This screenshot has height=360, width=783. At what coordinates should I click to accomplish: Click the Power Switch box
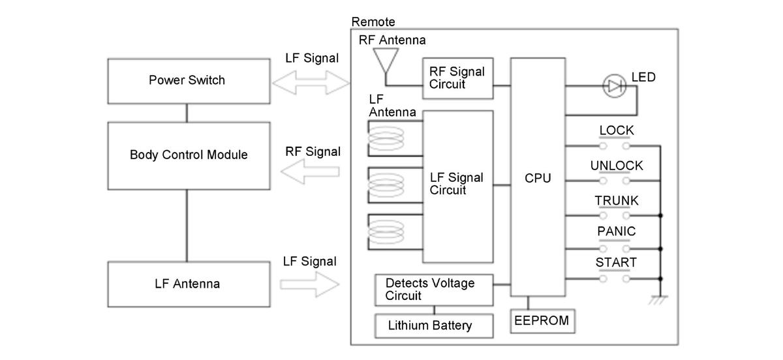189,81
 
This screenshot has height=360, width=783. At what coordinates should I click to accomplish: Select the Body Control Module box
189,156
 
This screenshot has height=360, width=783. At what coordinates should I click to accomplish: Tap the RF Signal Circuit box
458,78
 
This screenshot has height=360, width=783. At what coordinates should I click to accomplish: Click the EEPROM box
542,321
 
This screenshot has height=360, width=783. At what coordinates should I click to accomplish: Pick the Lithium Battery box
434,325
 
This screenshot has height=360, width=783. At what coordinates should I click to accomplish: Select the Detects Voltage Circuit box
434,290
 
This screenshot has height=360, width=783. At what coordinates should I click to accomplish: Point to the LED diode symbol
615,86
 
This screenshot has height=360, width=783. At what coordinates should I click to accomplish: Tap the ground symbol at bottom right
658,300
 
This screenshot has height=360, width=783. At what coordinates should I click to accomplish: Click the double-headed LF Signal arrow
311,83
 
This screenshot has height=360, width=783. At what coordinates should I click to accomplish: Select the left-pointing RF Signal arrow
310,172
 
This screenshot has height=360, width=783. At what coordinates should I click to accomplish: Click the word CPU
538,178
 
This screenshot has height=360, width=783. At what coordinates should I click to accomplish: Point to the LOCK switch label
616,130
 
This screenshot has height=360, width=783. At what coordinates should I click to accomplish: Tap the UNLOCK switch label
617,166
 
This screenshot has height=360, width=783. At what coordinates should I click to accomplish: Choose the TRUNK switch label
617,201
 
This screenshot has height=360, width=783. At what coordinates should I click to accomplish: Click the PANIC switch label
616,231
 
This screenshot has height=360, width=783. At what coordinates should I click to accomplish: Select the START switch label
616,262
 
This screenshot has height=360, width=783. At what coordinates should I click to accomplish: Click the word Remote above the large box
373,22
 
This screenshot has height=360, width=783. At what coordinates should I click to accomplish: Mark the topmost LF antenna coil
386,138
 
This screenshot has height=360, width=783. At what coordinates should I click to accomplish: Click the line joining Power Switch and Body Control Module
187,113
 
